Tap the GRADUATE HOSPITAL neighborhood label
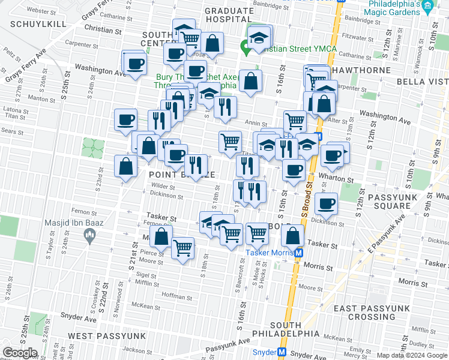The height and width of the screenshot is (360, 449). (x=229, y=15)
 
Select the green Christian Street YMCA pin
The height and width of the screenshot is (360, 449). (x=245, y=45)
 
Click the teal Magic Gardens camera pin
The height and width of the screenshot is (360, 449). (x=427, y=8)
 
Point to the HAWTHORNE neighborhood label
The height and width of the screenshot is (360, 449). (x=367, y=70)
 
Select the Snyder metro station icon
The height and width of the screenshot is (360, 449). (x=282, y=352)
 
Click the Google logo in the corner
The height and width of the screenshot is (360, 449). (x=20, y=353)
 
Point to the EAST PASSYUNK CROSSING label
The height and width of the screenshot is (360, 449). (x=372, y=312)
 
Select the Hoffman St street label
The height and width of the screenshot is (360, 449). (x=176, y=296)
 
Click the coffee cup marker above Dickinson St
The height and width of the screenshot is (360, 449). (x=325, y=204)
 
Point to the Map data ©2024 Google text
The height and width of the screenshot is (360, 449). (x=412, y=355)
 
